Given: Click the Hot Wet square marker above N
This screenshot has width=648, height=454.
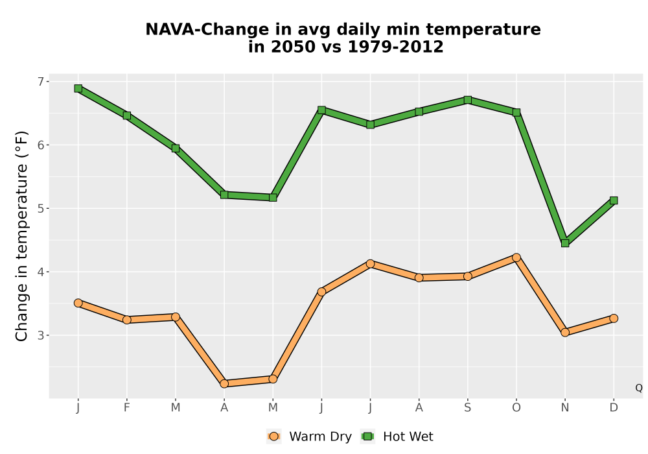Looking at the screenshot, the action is pyautogui.click(x=565, y=243).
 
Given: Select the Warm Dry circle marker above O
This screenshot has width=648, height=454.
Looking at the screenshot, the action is pyautogui.click(x=516, y=257).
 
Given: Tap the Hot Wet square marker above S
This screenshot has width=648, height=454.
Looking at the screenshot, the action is pyautogui.click(x=468, y=100).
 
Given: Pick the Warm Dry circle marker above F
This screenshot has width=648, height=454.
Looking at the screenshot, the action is pyautogui.click(x=127, y=320).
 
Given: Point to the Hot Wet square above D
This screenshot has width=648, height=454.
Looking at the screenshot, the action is pyautogui.click(x=614, y=200).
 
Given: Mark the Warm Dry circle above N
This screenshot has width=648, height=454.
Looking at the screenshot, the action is pyautogui.click(x=565, y=332).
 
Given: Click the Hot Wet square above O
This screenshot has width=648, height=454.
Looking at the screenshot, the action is pyautogui.click(x=516, y=112).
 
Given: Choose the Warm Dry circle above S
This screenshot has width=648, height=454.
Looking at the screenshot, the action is pyautogui.click(x=468, y=276).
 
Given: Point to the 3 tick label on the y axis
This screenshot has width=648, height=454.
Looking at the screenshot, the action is pyautogui.click(x=41, y=335).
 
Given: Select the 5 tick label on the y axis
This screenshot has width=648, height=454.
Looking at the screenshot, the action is pyautogui.click(x=41, y=208).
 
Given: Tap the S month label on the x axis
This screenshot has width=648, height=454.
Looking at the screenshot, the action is pyautogui.click(x=468, y=408).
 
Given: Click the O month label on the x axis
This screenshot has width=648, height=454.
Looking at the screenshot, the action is pyautogui.click(x=516, y=408).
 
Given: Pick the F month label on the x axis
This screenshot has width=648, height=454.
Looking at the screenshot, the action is pyautogui.click(x=127, y=408).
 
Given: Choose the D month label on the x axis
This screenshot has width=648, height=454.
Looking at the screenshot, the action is pyautogui.click(x=614, y=408).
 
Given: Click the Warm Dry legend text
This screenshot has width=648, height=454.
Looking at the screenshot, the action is pyautogui.click(x=320, y=436).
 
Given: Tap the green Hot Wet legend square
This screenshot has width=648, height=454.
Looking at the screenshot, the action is pyautogui.click(x=367, y=436).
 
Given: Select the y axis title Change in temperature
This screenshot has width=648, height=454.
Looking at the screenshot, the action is pyautogui.click(x=21, y=236).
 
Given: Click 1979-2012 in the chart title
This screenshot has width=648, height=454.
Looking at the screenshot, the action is pyautogui.click(x=395, y=47).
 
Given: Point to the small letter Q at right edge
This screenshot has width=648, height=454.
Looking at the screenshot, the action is pyautogui.click(x=639, y=388).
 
